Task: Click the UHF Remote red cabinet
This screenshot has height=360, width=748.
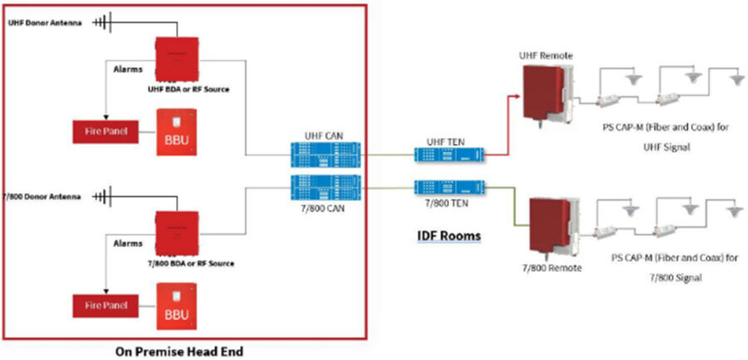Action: tap(542, 91)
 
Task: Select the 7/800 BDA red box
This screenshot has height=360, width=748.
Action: tap(176, 233)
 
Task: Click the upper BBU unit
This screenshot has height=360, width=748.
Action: tap(178, 131)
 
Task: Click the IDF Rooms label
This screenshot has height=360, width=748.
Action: tap(449, 236)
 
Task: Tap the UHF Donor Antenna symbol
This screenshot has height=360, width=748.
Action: tap(101, 22)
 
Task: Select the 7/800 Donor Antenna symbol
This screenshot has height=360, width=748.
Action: tap(102, 197)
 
